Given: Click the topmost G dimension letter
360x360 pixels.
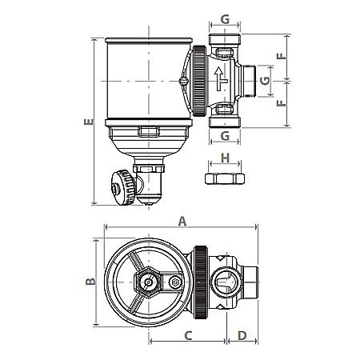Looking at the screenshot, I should coord(226,18).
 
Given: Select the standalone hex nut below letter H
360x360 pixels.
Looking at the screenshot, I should coord(225,177).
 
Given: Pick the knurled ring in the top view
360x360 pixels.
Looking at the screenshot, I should coord(203,280).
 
